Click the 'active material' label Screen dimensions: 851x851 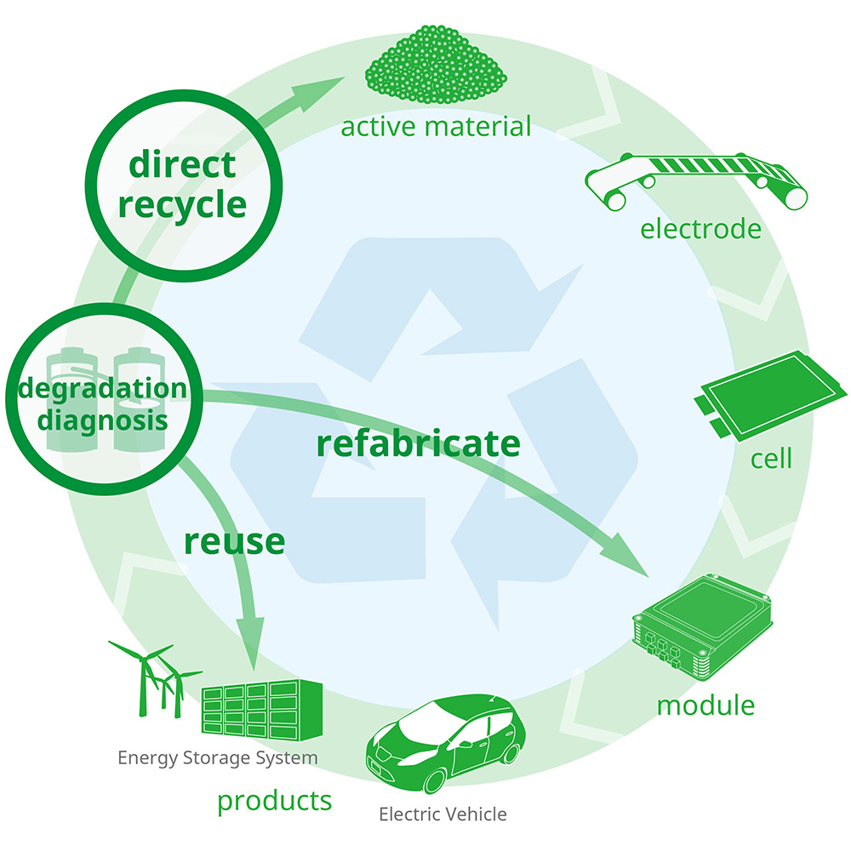click(436, 128)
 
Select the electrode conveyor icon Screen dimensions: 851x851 click(696, 180)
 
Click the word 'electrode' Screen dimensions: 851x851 click(700, 229)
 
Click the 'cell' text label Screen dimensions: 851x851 click(771, 460)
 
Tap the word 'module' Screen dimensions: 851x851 click(705, 705)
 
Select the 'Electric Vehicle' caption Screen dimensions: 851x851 click(443, 814)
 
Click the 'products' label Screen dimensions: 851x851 click(274, 800)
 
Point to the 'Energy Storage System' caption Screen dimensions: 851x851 click(218, 757)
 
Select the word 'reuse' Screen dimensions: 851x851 click(234, 541)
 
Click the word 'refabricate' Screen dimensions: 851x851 click(418, 443)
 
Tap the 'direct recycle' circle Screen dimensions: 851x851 click(182, 185)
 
